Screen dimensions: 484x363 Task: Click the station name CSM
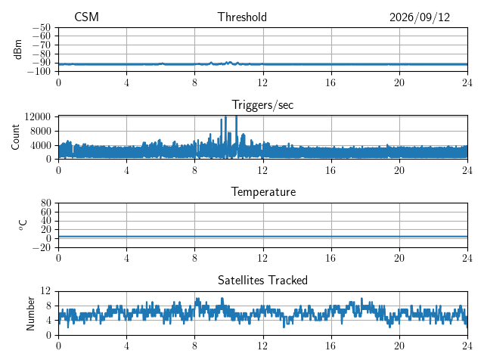point(86,17)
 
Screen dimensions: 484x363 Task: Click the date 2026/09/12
point(420,17)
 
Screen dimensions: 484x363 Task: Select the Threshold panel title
point(242,17)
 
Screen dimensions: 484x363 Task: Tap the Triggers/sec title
point(262,105)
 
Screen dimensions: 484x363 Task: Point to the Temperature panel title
point(263,192)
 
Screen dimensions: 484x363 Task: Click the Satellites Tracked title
point(262,281)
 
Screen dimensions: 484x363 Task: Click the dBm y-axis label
point(18,49)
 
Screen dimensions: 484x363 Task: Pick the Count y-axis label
point(15,138)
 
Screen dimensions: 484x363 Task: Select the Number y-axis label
point(30,314)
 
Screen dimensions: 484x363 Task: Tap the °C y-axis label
point(23,225)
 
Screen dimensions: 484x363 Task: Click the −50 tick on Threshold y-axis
point(42,27)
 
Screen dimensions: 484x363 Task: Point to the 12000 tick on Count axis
point(38,116)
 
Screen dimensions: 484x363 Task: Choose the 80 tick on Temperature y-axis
point(45,203)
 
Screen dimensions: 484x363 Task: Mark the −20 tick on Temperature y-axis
point(42,247)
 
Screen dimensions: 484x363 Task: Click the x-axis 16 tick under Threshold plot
point(331,82)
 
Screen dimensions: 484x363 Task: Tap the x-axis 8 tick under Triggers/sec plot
point(194,170)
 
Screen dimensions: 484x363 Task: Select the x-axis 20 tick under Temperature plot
point(399,258)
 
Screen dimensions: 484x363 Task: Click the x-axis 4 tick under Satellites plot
point(126,346)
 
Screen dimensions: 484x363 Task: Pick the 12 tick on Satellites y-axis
point(45,290)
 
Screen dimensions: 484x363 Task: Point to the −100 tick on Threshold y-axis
point(39,72)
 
